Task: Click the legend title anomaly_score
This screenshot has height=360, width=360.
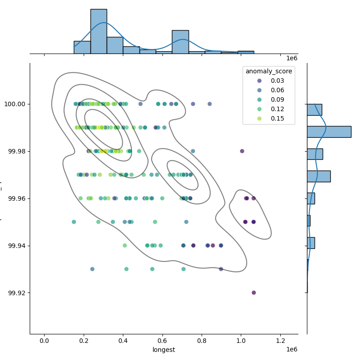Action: click(269, 71)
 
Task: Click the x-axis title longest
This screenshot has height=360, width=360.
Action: click(164, 350)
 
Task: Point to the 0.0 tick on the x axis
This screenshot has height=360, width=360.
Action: click(44, 341)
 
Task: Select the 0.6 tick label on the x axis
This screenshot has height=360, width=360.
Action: click(162, 341)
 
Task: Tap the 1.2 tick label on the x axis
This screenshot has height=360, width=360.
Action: click(281, 341)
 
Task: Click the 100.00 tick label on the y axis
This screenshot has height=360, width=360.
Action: click(16, 104)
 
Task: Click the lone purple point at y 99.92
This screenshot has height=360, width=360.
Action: click(254, 292)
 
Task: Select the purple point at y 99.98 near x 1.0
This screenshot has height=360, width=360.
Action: click(242, 151)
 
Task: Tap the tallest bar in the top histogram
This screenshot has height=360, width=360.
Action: click(99, 31)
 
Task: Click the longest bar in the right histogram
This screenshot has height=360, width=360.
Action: click(329, 132)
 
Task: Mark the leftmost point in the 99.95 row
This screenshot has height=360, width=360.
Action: click(74, 222)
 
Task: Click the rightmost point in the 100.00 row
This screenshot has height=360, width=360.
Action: click(210, 104)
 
